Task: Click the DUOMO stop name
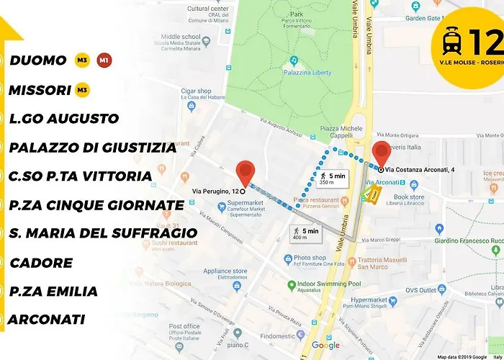coord(38,60)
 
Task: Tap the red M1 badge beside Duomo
coord(104,60)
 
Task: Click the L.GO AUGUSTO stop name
coord(63,118)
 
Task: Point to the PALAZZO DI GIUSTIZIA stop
coord(92,148)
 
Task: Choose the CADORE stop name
coord(41,263)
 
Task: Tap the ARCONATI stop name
coord(47,319)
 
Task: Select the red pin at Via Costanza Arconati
coord(381,153)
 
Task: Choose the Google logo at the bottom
coord(325,346)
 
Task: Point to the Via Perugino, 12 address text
coord(215,191)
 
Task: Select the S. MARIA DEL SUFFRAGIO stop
coord(103,233)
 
